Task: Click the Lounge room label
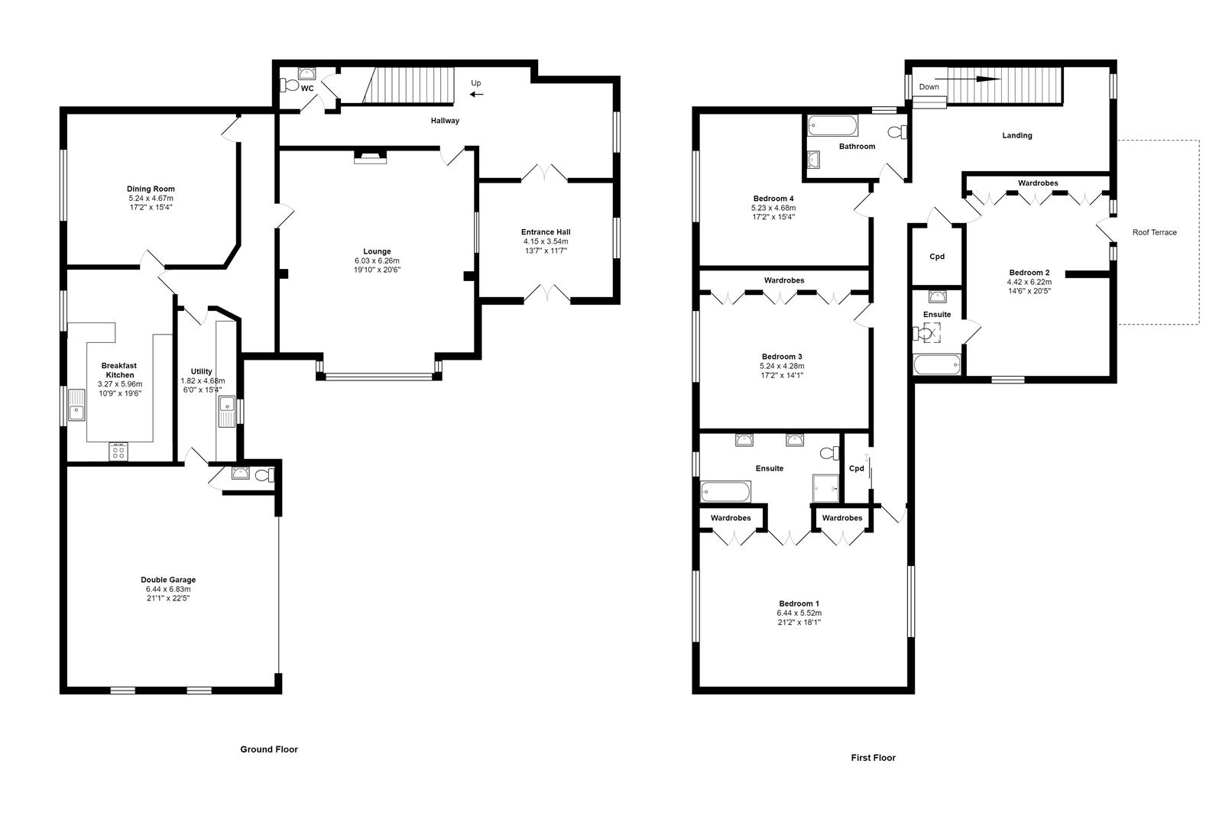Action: (377, 251)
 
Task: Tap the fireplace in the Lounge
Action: (371, 157)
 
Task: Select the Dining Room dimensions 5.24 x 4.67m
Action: (151, 198)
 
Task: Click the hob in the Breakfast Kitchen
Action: (119, 452)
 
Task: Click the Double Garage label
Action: (167, 580)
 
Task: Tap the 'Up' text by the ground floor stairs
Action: (476, 83)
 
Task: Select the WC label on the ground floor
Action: (307, 89)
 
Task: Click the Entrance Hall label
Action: (546, 232)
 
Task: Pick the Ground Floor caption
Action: (269, 749)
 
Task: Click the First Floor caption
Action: (873, 758)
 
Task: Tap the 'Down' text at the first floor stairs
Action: (929, 87)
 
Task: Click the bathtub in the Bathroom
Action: (834, 125)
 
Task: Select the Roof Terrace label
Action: (1154, 232)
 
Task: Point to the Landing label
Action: (1016, 135)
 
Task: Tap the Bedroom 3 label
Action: (781, 357)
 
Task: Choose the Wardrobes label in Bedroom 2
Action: (1037, 183)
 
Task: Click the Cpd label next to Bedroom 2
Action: (936, 257)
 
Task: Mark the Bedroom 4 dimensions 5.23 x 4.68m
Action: (773, 208)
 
